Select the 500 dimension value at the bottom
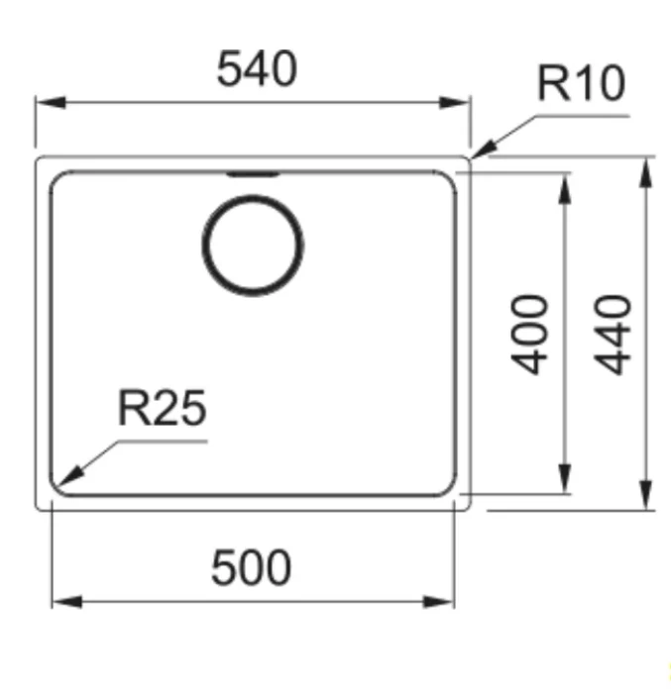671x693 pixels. click(252, 568)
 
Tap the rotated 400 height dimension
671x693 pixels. click(534, 334)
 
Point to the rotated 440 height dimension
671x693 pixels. click(615, 334)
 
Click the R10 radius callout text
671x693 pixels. click(581, 85)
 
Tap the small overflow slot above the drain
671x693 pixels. click(253, 174)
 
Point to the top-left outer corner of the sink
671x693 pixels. click(40, 159)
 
